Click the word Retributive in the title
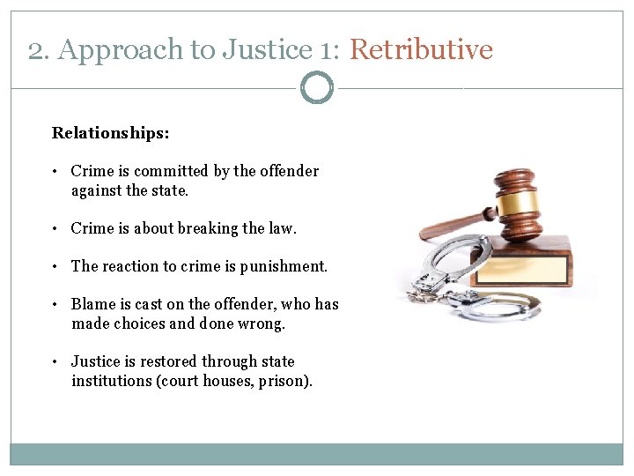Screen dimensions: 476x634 point(421,49)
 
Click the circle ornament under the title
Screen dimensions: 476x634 point(317,88)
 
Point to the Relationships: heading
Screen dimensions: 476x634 point(111,133)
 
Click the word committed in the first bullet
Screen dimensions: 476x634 point(170,171)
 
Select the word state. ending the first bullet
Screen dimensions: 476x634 point(170,190)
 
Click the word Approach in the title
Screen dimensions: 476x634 point(119,49)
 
